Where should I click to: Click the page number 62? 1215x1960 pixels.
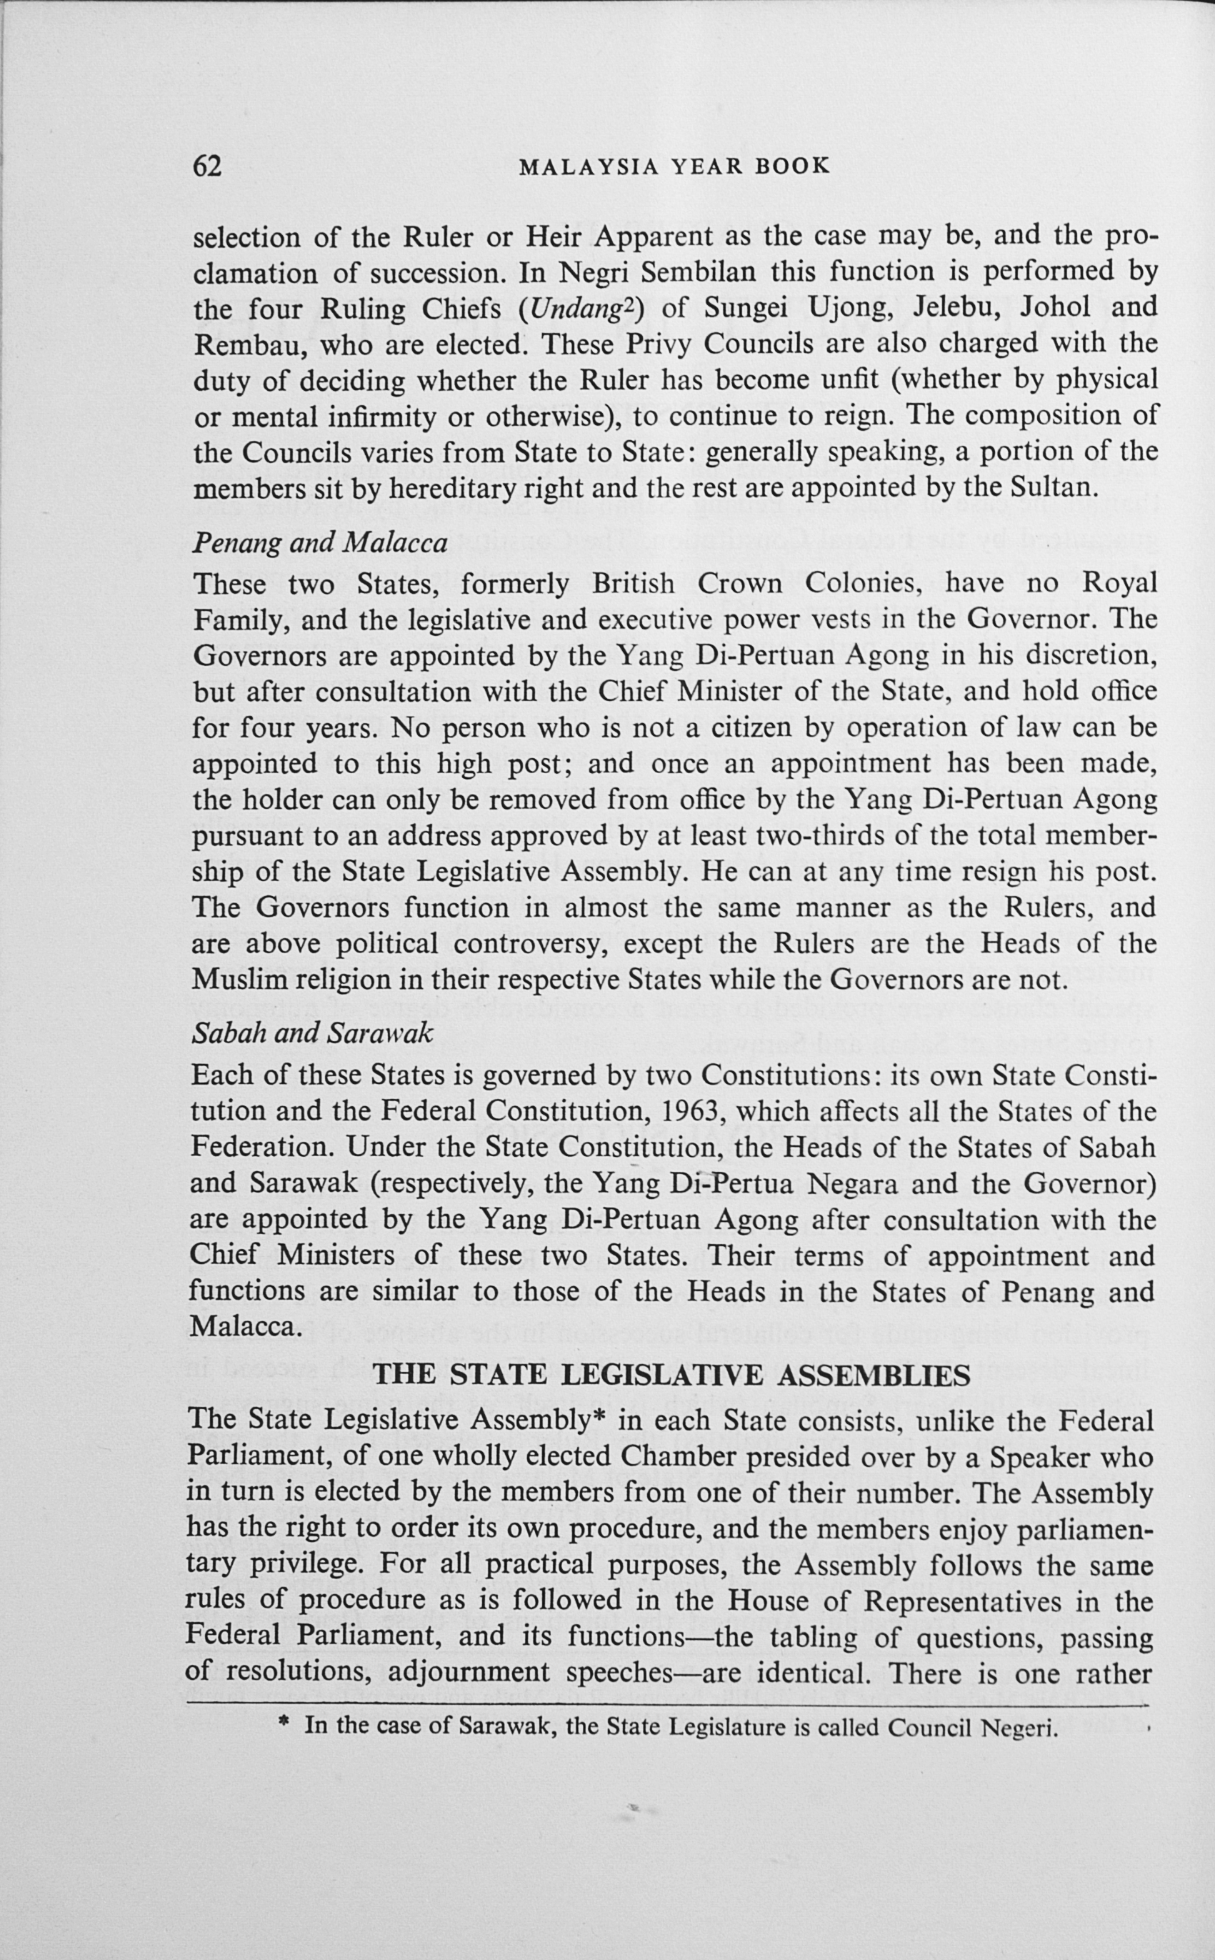tap(207, 166)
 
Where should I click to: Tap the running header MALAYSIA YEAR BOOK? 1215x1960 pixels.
tap(674, 166)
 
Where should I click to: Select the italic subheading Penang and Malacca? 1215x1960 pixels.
tap(320, 544)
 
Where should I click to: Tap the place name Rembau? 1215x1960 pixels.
tap(245, 344)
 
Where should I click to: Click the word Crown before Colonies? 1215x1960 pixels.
tap(739, 582)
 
